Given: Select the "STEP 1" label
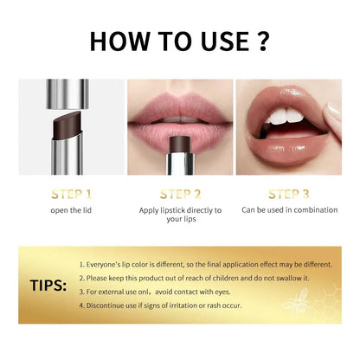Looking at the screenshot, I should coord(72,195).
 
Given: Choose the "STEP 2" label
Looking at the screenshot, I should coord(180,195).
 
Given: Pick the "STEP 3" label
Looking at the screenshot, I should coord(289,195).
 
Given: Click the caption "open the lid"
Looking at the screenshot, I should coord(72,209).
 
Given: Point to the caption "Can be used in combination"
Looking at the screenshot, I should coord(289,209).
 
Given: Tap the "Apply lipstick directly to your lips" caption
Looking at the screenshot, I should coord(180,215).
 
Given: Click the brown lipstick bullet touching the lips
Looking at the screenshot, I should coord(180,138).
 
